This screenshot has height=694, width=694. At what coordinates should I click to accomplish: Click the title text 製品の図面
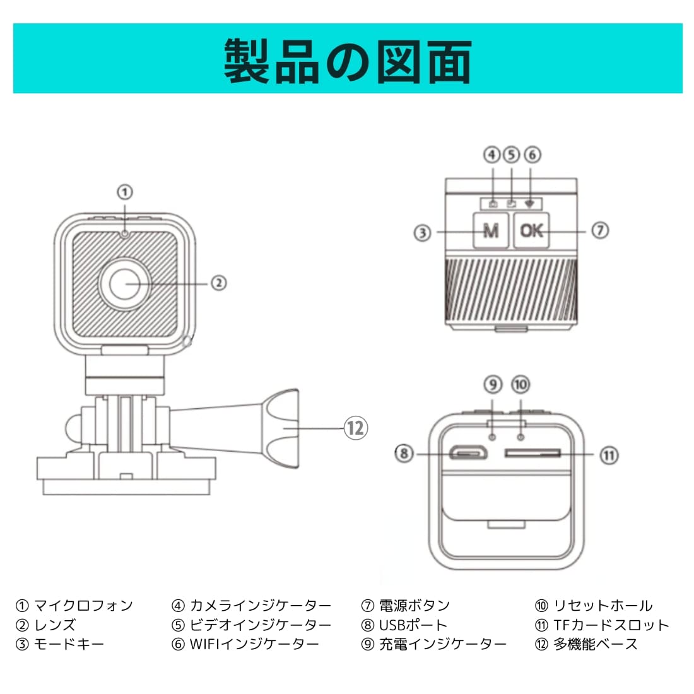click(x=348, y=61)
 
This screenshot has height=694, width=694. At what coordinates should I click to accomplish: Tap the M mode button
click(x=490, y=231)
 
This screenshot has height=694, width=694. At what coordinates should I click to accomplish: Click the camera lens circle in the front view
click(x=126, y=284)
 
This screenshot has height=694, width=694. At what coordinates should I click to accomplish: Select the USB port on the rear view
click(x=468, y=453)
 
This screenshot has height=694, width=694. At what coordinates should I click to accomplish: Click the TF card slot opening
click(x=532, y=453)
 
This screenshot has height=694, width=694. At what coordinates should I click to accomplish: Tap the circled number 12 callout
click(x=355, y=428)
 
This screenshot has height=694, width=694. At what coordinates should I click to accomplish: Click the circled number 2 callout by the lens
click(x=218, y=283)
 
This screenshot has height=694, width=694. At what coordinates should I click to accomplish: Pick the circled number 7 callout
click(x=599, y=230)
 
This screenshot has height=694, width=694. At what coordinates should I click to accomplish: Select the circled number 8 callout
click(x=404, y=453)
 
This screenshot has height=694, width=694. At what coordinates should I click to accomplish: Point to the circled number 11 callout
click(x=608, y=455)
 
